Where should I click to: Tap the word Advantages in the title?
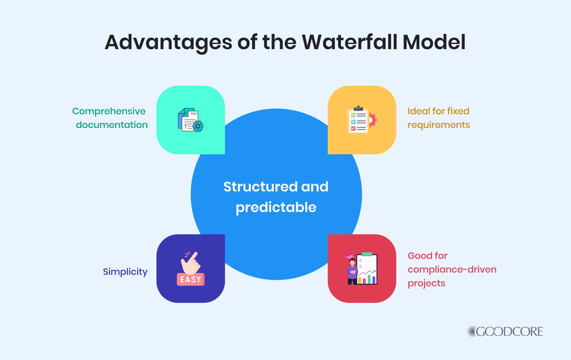(168, 43)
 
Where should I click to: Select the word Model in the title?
(434, 42)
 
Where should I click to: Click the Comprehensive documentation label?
(110, 118)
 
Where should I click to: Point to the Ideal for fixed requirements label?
(439, 118)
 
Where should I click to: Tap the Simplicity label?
(125, 272)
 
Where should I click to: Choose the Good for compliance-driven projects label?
(452, 269)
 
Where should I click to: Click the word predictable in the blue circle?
(276, 208)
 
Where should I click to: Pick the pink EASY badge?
(191, 279)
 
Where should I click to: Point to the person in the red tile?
(352, 271)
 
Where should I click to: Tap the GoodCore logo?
(505, 331)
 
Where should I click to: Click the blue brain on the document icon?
(198, 126)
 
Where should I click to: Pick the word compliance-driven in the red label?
(452, 269)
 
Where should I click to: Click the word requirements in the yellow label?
(439, 125)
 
